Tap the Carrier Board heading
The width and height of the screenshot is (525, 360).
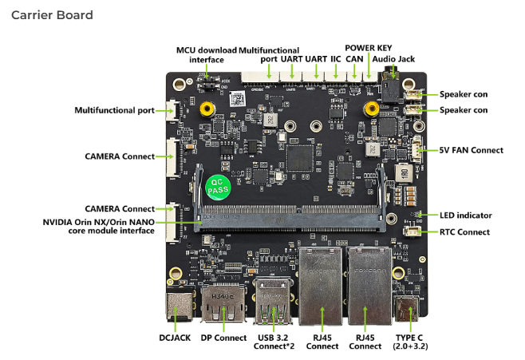click(x=52, y=15)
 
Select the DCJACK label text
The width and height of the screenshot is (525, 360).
click(x=176, y=338)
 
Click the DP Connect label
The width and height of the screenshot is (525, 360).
click(x=223, y=338)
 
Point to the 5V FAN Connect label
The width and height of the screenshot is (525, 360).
click(x=472, y=150)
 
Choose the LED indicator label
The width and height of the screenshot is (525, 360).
click(x=465, y=216)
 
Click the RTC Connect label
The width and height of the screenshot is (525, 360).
click(x=467, y=232)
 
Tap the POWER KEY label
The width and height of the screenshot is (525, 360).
click(x=369, y=48)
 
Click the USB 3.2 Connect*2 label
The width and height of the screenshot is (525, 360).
click(x=274, y=342)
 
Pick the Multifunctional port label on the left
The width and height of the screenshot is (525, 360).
click(x=114, y=110)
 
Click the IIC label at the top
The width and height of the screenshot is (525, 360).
click(x=337, y=58)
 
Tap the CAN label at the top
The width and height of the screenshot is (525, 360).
click(x=354, y=58)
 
